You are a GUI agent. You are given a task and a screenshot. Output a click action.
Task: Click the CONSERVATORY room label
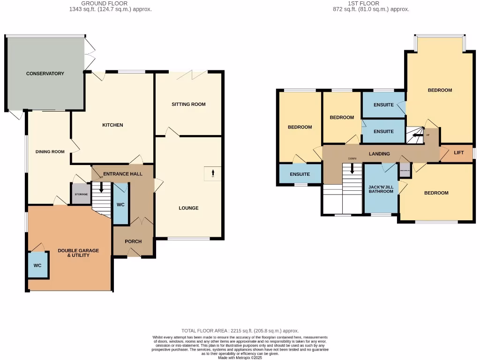click(x=45, y=74)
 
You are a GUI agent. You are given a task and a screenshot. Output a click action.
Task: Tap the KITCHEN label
click(x=112, y=125)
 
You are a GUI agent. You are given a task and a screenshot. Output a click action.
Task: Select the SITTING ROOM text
click(x=188, y=104)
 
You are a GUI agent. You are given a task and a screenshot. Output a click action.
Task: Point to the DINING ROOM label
click(x=50, y=151)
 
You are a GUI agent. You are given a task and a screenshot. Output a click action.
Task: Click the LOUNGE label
click(x=188, y=208)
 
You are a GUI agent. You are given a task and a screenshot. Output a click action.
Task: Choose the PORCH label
click(x=133, y=242)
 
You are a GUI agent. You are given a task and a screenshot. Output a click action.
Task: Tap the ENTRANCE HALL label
click(x=123, y=174)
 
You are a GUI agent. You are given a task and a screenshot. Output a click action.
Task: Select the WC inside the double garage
click(x=37, y=265)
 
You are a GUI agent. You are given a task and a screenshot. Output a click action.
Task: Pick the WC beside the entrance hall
click(x=120, y=205)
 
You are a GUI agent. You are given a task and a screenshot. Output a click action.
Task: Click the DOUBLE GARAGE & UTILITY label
click(x=78, y=253)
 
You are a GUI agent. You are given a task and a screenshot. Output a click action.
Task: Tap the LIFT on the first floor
click(x=459, y=153)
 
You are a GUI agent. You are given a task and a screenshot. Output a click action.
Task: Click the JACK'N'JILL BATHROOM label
click(x=381, y=189)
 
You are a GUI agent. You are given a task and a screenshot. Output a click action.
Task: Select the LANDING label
click(x=379, y=154)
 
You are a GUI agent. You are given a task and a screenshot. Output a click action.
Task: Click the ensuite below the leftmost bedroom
click(x=300, y=174)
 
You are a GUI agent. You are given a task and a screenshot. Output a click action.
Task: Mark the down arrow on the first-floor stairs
click(x=352, y=169)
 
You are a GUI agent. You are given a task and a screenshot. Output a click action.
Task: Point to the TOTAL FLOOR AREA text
click(x=240, y=331)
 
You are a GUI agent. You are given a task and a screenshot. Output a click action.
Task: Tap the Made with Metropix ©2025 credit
click(x=240, y=358)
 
